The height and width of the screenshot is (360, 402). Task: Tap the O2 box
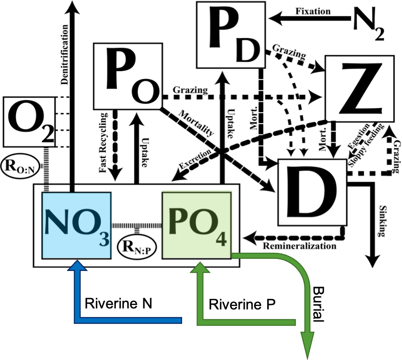(24, 120)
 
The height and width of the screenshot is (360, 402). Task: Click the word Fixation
(313, 11)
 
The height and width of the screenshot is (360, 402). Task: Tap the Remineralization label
(300, 245)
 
